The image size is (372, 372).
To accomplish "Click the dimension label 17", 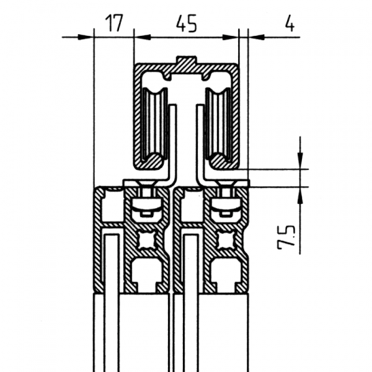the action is pyautogui.click(x=115, y=23).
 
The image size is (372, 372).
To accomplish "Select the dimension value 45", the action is pyautogui.click(x=187, y=24).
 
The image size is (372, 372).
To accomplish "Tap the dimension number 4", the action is pyautogui.click(x=289, y=24).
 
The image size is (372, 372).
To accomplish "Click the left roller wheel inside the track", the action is pyautogui.click(x=154, y=123).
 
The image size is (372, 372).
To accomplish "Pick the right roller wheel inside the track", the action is pyautogui.click(x=218, y=123).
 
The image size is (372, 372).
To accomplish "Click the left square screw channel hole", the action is pyautogui.click(x=147, y=241).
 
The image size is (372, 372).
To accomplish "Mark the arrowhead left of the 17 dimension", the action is pyautogui.click(x=86, y=37).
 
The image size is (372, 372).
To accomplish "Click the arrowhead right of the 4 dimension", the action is pyautogui.click(x=256, y=37).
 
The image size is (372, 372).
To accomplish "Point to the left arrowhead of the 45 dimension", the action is pyautogui.click(x=143, y=37).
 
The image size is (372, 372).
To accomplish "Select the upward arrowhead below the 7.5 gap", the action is pyautogui.click(x=300, y=195).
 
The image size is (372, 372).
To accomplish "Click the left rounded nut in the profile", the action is pyautogui.click(x=146, y=205).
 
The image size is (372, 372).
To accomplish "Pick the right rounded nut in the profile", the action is pyautogui.click(x=226, y=205).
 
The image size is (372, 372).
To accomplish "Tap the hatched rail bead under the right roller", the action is pyautogui.click(x=219, y=161).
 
